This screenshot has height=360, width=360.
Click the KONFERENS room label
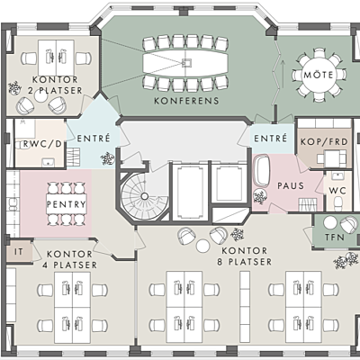tap(186, 101)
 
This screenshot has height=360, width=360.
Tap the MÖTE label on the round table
tap(319, 75)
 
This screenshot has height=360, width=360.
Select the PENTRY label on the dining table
tap(67, 204)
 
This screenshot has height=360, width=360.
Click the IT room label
tap(19, 252)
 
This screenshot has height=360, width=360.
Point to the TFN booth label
tap(335, 238)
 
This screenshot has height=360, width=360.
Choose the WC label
tap(337, 191)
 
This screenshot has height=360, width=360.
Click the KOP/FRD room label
tap(324, 141)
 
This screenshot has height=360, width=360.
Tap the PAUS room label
tap(291, 185)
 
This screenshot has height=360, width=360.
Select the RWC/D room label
tap(42, 144)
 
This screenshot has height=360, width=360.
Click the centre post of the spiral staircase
tap(145, 196)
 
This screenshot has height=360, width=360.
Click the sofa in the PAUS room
tap(262, 170)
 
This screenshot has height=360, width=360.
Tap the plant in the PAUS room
tap(260, 197)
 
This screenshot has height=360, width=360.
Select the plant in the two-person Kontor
tap(14, 88)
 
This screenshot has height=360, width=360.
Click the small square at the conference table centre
tap(186, 63)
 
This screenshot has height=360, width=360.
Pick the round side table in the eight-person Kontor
tap(202, 245)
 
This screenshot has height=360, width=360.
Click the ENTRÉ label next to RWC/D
tap(94, 139)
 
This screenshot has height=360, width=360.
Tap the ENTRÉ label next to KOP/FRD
tap(271, 139)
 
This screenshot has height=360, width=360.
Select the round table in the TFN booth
tap(330, 222)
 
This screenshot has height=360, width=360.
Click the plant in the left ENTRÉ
tap(107, 158)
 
